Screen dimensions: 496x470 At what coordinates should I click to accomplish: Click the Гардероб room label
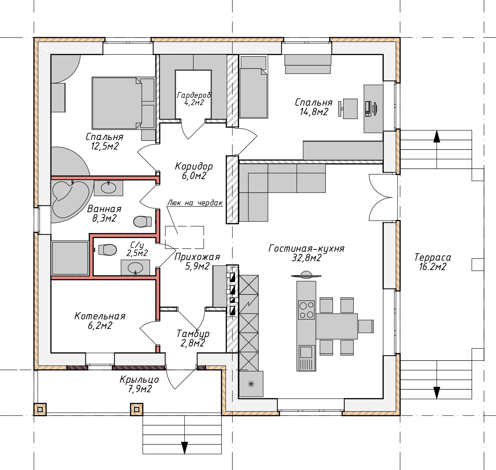pos(194,95)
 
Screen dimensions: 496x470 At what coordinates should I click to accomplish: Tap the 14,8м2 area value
pos(314,112)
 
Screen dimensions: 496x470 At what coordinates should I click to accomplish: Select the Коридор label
pos(194,166)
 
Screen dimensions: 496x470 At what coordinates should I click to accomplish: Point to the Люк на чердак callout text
pos(195,203)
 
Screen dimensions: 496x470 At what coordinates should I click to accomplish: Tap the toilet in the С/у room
pos(108,250)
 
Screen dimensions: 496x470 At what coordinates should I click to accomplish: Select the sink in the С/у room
pos(135,268)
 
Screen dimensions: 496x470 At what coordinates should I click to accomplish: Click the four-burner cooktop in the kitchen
pos(306,310)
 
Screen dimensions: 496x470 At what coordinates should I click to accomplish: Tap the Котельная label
pos(100,316)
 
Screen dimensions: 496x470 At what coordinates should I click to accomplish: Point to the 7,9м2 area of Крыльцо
pos(140,389)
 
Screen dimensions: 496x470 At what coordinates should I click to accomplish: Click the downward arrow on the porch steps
pos(184,448)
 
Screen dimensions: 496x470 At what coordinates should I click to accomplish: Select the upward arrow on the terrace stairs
pos(437,136)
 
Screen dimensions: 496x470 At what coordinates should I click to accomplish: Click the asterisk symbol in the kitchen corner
pos(251,384)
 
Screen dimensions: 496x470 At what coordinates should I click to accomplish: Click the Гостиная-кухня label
pos(306,248)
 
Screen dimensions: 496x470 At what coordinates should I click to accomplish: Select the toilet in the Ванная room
pos(143,221)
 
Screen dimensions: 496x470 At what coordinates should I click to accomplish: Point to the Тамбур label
pos(193,333)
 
